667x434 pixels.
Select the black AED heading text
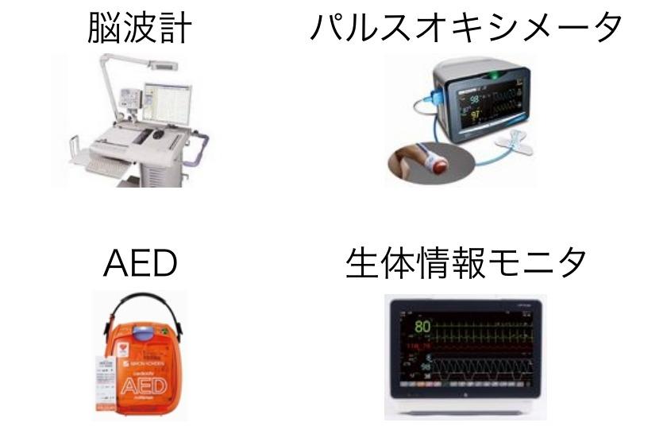pyautogui.click(x=140, y=264)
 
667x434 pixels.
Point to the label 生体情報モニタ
pyautogui.click(x=466, y=264)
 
